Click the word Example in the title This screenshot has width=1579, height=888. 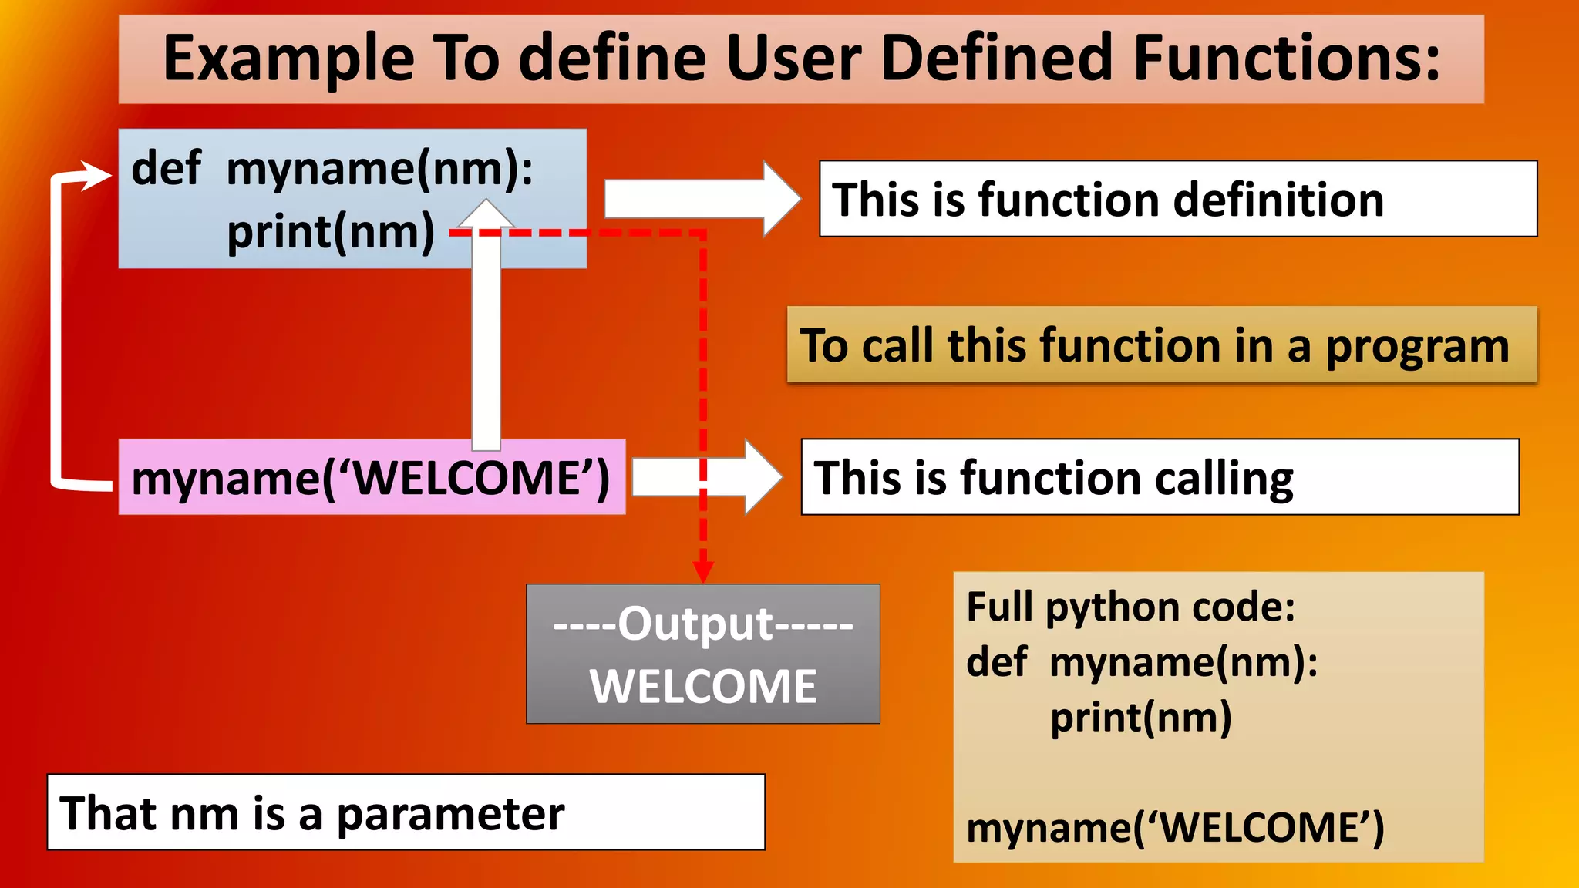289,59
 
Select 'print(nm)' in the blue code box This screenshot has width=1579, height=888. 331,232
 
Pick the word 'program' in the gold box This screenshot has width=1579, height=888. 1417,345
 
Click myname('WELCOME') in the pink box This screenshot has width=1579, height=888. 371,478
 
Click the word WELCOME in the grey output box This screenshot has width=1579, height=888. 703,686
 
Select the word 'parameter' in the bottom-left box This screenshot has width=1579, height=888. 450,814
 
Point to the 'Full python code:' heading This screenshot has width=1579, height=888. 1130,607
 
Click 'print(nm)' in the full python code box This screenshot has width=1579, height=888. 1141,718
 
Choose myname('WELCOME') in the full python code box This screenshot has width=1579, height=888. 1175,828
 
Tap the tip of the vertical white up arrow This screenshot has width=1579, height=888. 486,203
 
